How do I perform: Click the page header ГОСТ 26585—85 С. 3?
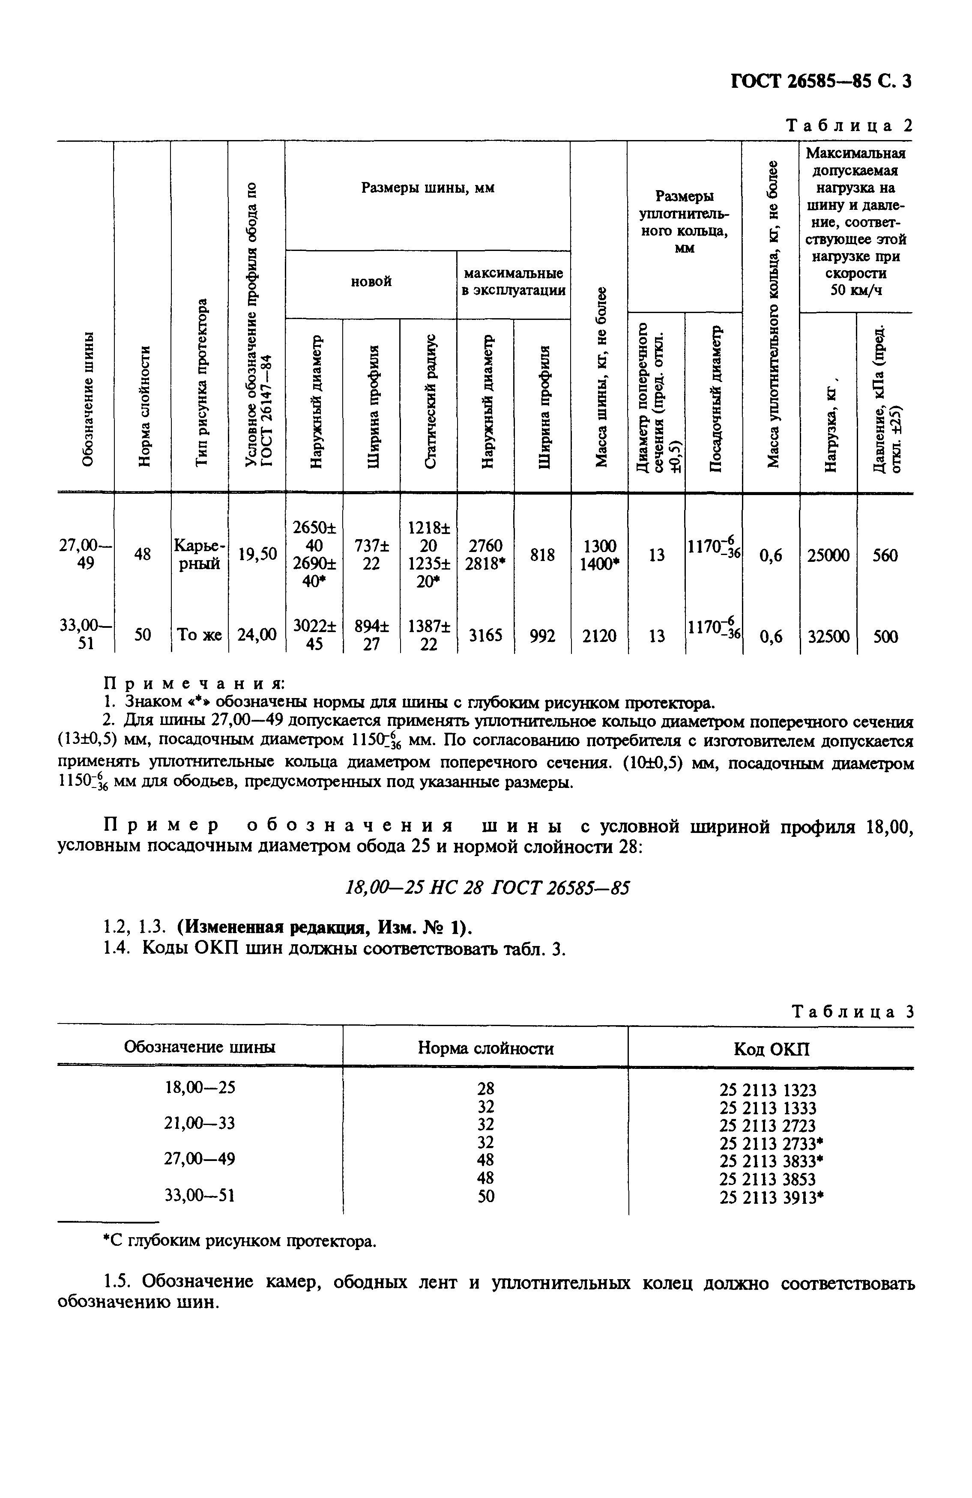click(820, 82)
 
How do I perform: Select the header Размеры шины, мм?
click(428, 188)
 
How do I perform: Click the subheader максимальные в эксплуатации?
click(513, 282)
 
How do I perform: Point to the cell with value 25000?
click(828, 555)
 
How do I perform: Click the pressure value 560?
click(885, 555)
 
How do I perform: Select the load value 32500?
click(828, 637)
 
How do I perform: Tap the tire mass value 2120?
click(599, 637)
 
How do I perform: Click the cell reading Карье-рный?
click(199, 555)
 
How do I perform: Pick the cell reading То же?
click(199, 636)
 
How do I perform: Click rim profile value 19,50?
click(257, 554)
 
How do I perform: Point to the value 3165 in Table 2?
click(485, 636)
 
